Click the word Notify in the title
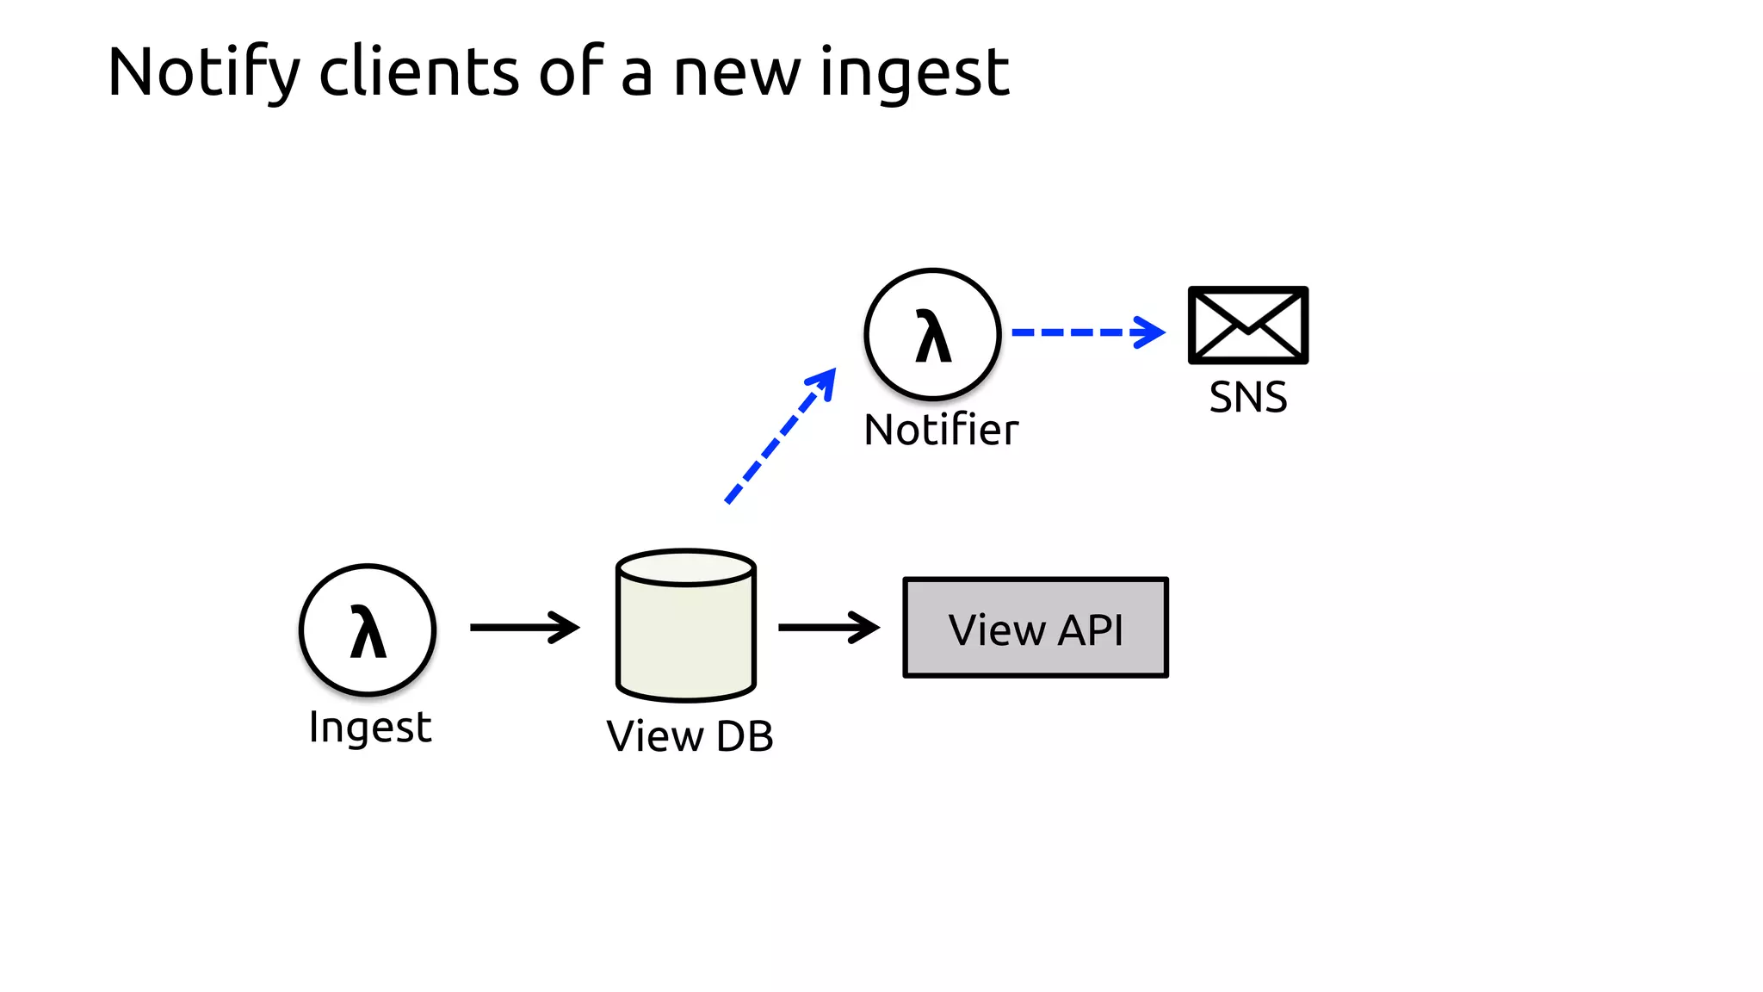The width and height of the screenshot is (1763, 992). pos(203,73)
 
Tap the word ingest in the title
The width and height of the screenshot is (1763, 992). pos(914,73)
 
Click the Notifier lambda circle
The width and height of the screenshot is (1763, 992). pos(932,334)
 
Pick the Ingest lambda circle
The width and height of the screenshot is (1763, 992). pos(368,630)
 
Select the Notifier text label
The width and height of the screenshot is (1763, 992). pos(941,430)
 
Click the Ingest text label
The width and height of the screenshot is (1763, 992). pos(370,728)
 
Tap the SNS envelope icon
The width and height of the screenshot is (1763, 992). pos(1247,325)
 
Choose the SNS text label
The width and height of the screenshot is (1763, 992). pos(1248,398)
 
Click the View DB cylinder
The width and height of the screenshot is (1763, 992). pos(686,637)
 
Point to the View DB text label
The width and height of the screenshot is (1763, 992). pos(690,737)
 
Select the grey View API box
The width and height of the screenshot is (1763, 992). pos(1036,628)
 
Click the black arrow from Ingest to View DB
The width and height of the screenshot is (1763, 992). pos(524,628)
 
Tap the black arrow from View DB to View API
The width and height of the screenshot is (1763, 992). pos(828,628)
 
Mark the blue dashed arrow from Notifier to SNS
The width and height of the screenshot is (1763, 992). pos(1087,332)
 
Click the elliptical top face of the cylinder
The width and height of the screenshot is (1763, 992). pos(686,568)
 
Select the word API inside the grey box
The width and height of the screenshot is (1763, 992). pos(1091,630)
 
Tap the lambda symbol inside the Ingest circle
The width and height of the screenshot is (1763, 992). pos(368,632)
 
